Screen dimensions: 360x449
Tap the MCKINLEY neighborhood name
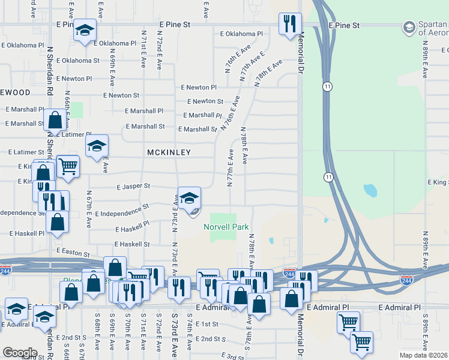tap(169, 153)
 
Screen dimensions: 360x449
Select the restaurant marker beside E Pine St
tap(290, 25)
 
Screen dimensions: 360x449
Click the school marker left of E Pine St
tap(85, 30)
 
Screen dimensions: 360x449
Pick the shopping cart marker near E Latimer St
tap(68, 166)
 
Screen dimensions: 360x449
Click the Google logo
tap(19, 353)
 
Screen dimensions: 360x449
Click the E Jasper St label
tap(130, 187)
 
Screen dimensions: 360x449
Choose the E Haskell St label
tap(131, 244)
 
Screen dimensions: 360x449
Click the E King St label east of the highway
tap(438, 182)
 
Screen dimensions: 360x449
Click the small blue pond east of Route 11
tap(370, 191)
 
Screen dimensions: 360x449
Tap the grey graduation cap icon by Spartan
tap(409, 27)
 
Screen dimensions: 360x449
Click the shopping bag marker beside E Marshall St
tap(55, 120)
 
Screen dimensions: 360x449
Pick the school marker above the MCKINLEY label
tap(96, 146)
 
